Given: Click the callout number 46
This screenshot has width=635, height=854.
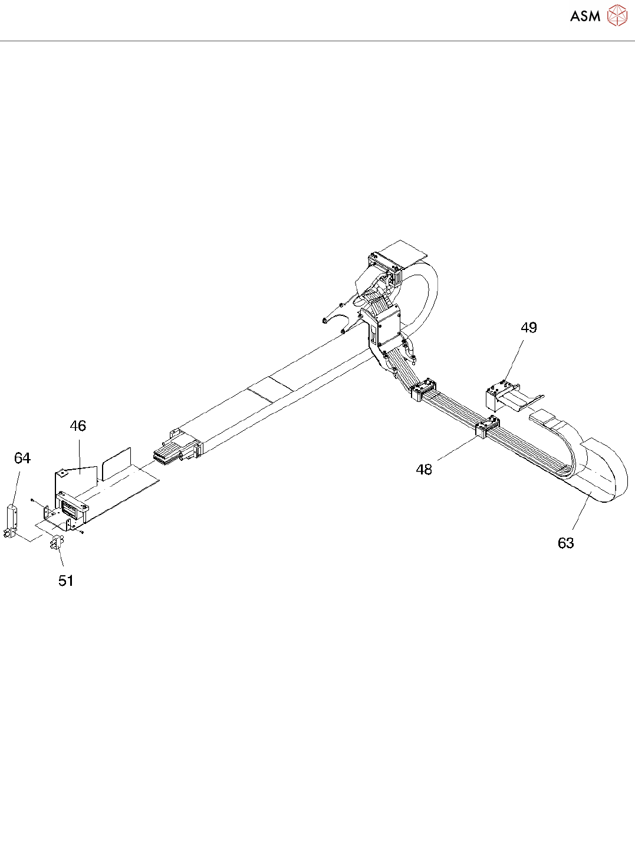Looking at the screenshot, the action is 78,426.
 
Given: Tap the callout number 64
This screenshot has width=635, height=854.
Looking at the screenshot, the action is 22,459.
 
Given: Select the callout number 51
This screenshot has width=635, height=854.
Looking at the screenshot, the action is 66,581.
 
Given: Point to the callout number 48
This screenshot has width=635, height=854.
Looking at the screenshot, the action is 424,470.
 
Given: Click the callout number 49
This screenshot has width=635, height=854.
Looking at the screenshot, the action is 529,328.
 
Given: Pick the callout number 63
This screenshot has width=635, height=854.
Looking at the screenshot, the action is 565,543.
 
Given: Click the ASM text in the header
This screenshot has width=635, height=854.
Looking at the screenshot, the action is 585,17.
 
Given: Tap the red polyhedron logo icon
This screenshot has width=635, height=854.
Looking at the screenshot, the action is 617,15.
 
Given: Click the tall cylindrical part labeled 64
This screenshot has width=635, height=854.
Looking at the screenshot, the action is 12,517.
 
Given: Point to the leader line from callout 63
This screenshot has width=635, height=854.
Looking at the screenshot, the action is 581,512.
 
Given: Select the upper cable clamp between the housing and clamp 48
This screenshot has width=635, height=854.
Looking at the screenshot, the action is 423,391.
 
